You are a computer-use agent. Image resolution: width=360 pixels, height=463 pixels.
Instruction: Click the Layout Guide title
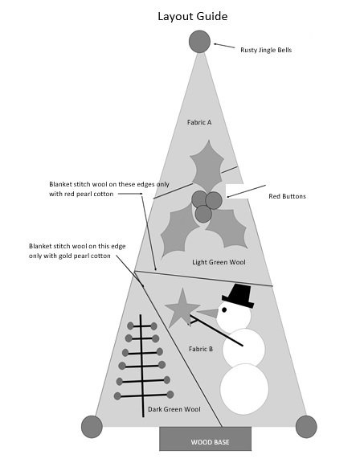click(x=192, y=17)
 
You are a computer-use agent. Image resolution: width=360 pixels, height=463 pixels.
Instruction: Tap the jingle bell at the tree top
click(x=200, y=42)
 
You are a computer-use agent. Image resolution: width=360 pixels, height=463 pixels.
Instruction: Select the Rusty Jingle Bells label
click(x=266, y=50)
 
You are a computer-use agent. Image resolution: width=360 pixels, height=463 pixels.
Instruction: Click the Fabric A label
click(x=199, y=122)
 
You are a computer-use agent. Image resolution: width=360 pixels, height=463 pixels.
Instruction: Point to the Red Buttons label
click(x=287, y=196)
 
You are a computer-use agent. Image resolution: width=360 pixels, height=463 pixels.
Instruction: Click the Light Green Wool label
click(x=219, y=262)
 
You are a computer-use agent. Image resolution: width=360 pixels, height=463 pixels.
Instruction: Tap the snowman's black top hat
click(x=239, y=296)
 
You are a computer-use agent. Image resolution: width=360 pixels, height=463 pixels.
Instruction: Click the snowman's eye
click(x=224, y=309)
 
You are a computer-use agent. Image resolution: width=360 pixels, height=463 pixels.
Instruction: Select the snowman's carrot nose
click(x=208, y=313)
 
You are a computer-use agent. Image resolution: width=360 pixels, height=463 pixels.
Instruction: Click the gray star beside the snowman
click(x=182, y=308)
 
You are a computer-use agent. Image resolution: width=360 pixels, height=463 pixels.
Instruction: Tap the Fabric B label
click(x=201, y=349)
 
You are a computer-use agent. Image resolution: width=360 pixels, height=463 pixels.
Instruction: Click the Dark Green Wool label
click(x=174, y=409)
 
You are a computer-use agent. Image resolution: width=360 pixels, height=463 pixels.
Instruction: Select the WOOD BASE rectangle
click(x=206, y=439)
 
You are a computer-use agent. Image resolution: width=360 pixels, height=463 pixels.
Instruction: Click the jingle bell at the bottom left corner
click(x=92, y=427)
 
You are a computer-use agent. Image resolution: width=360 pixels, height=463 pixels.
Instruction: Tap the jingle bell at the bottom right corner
click(x=306, y=427)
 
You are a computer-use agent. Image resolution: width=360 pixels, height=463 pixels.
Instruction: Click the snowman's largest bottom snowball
click(x=244, y=389)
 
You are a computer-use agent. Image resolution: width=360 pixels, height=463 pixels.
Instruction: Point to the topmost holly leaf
click(x=207, y=166)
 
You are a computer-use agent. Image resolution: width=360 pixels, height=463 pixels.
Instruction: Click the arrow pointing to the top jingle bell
click(x=224, y=46)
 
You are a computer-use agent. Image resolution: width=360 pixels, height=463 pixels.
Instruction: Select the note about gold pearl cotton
click(x=77, y=251)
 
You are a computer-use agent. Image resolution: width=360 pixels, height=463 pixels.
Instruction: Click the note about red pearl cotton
click(x=109, y=189)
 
